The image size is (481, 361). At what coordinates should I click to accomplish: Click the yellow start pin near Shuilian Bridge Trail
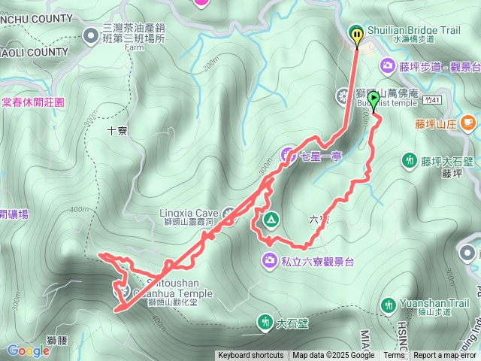coord(357,34)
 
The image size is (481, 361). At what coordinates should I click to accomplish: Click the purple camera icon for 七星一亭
coord(287,156)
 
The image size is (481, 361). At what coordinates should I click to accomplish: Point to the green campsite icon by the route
coord(270,220)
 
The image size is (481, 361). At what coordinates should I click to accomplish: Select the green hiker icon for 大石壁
coord(265,323)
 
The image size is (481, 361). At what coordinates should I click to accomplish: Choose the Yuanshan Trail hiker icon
coord(389,305)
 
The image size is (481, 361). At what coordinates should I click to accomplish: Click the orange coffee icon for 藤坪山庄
coord(467,121)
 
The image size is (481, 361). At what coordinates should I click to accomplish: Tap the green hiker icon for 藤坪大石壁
coord(410,159)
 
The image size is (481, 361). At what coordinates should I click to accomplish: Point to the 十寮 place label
coord(117,129)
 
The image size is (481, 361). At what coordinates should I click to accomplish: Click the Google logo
coord(28,350)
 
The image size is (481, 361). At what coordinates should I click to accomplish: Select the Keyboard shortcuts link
coord(251,356)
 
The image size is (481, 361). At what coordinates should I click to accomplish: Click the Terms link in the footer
coord(394,356)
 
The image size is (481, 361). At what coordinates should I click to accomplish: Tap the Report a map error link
coord(445,356)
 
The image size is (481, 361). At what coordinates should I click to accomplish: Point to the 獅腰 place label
coord(56,341)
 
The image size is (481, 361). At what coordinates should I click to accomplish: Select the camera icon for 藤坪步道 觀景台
coord(387,66)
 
